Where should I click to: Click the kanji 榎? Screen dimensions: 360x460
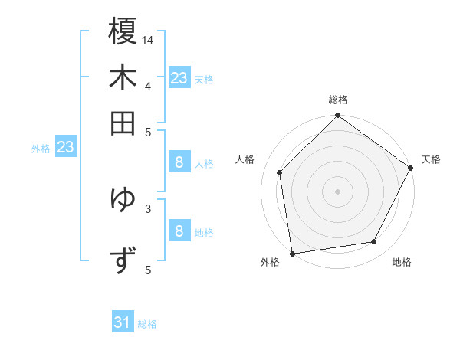pyautogui.click(x=123, y=32)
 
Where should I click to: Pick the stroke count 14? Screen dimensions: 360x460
pyautogui.click(x=148, y=39)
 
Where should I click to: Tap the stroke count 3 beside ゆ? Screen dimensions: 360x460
pyautogui.click(x=148, y=207)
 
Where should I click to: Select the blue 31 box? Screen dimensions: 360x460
pyautogui.click(x=123, y=323)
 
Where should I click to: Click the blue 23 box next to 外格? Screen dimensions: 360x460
pyautogui.click(x=65, y=147)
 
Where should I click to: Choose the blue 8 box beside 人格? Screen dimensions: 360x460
pyautogui.click(x=179, y=162)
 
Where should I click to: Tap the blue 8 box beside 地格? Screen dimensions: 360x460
pyautogui.click(x=179, y=231)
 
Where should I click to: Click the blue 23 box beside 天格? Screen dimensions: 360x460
pyautogui.click(x=179, y=78)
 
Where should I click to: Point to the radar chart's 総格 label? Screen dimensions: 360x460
pyautogui.click(x=338, y=100)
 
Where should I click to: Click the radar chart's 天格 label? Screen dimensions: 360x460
pyautogui.click(x=431, y=159)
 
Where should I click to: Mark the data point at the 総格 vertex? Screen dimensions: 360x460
pyautogui.click(x=337, y=116)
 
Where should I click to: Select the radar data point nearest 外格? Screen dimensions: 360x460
pyautogui.click(x=292, y=253)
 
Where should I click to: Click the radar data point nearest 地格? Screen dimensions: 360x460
pyautogui.click(x=374, y=242)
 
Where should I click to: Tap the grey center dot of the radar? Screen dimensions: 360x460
pyautogui.click(x=337, y=191)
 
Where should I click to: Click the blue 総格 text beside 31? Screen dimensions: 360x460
pyautogui.click(x=147, y=324)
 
